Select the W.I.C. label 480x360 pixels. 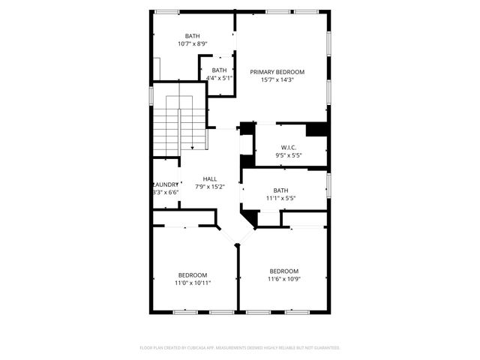[289, 148]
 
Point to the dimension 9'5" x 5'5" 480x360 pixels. [289, 156]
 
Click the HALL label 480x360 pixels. [210, 178]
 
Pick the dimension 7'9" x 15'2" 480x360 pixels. [210, 187]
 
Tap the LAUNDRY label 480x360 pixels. [166, 184]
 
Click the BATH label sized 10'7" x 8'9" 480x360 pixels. [193, 36]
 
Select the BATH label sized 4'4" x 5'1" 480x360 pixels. [219, 70]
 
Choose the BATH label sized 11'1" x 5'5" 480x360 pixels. [280, 190]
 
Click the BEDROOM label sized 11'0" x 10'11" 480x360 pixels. [193, 275]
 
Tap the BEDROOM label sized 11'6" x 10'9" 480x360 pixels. [284, 271]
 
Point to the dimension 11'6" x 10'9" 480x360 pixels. [284, 280]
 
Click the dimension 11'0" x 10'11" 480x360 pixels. [193, 283]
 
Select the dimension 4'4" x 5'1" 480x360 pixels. [219, 78]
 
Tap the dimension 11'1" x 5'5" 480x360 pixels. [280, 199]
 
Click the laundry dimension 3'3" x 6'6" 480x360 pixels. [166, 193]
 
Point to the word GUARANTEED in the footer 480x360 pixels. [325, 348]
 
